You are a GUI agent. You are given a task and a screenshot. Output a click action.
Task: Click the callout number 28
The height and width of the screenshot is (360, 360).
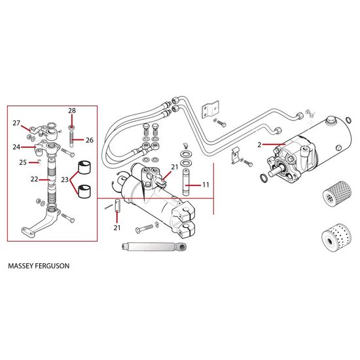[x=72, y=111]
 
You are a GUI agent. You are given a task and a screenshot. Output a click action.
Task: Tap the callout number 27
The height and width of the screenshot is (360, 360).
[x=16, y=123]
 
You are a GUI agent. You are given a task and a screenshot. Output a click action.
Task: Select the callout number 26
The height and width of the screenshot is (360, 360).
[x=90, y=140]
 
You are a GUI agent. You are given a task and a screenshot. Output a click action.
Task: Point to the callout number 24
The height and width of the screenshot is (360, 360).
[x=16, y=147]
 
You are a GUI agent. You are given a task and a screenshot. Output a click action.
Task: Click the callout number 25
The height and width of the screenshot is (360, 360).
[x=23, y=162]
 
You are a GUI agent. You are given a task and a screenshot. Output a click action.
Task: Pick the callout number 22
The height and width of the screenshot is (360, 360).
[x=34, y=179]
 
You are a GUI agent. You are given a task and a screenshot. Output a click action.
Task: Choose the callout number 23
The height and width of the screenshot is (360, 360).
[x=65, y=179]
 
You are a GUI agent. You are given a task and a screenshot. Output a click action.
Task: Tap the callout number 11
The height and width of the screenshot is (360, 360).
[x=206, y=185]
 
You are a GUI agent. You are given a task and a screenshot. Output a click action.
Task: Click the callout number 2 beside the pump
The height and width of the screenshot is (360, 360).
[x=259, y=145]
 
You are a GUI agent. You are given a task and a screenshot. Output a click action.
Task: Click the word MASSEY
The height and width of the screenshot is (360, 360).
[x=21, y=266]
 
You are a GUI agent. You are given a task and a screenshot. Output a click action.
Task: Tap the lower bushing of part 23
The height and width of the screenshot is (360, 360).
[x=84, y=191]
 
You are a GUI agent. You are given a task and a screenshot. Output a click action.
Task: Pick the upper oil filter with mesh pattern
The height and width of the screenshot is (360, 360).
[x=337, y=194]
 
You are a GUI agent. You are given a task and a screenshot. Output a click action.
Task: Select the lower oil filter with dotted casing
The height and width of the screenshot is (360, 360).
[x=336, y=238]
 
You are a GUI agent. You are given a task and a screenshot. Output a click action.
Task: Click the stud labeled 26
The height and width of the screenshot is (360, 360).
[x=71, y=139]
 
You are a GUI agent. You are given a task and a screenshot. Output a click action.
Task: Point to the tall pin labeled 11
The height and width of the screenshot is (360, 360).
[x=186, y=183]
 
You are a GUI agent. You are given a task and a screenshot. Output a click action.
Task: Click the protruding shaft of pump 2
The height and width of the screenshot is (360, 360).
[x=274, y=172]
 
